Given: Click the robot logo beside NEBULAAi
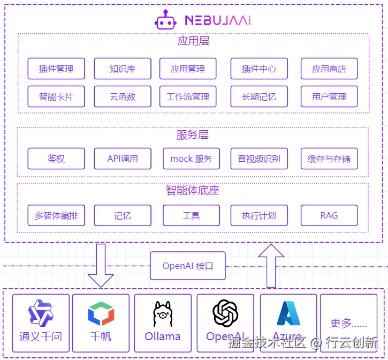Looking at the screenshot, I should tap(165, 20).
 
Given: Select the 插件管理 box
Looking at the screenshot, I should tap(56, 69).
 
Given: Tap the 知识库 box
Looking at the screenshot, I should tap(122, 69).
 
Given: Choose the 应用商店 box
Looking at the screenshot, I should tap(329, 69).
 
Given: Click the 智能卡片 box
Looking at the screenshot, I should tap(56, 97).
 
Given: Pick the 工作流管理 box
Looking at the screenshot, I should tap(188, 97).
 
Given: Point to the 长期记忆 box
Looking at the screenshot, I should tap(259, 97).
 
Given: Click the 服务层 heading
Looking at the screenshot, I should tap(193, 134).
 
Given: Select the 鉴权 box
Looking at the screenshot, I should tap(56, 159).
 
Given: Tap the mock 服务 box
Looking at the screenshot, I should tap(191, 159).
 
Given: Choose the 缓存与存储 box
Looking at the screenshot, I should tap(329, 159).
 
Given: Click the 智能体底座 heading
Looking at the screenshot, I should tap(193, 190).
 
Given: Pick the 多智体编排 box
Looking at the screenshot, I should tap(56, 215).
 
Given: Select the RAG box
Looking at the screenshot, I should tap(329, 215).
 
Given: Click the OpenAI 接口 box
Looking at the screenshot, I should tap(187, 266).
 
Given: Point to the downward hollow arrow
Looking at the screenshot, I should tap(101, 265).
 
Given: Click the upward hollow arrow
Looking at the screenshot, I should tap(271, 265).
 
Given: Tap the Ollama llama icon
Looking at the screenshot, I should tap(162, 314).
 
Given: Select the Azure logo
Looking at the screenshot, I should tap(288, 313).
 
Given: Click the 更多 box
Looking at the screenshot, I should tap(348, 323).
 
